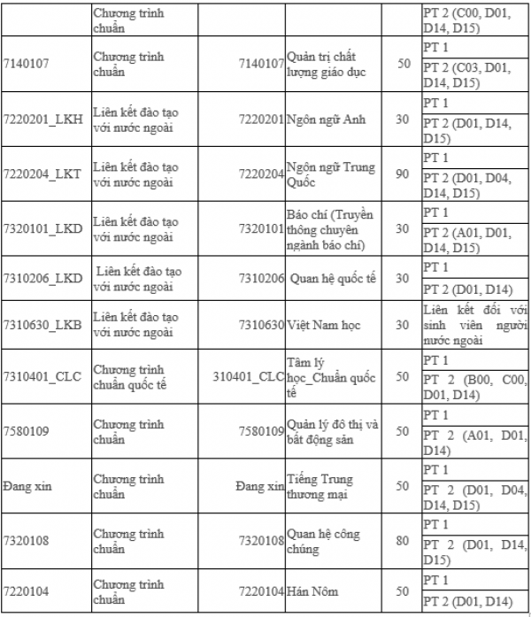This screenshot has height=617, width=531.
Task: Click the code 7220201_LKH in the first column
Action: point(42,120)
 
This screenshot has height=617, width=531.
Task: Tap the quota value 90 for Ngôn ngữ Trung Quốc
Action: point(403,174)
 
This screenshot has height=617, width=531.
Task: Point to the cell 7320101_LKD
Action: point(42,228)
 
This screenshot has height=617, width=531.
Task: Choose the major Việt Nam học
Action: point(324,326)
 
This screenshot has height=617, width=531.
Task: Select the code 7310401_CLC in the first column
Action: point(42,377)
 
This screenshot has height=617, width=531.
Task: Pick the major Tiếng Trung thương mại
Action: point(319,486)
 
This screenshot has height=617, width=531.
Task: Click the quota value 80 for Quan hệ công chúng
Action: point(403,539)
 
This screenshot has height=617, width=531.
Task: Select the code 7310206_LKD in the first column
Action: point(42,278)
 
